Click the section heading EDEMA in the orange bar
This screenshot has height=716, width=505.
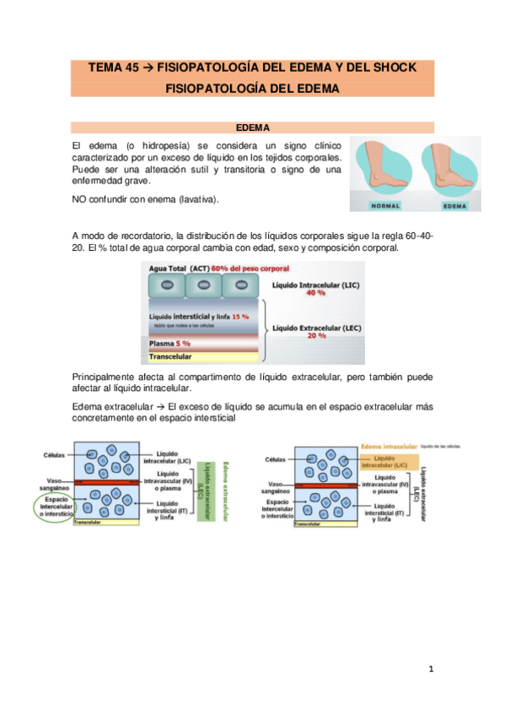click(252, 127)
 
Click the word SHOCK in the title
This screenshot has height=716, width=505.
click(389, 68)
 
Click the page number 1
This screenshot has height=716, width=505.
click(430, 670)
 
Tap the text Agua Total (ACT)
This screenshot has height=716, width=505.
click(179, 268)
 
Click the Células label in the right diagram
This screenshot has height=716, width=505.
click(275, 459)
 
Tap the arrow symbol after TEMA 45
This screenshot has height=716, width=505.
click(148, 68)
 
